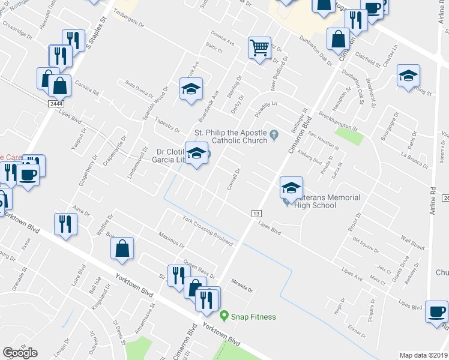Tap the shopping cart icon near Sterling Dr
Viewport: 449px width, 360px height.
pos(259,47)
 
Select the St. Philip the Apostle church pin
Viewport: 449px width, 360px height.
pos(274,134)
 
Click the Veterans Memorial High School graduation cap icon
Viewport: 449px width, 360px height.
pos(291,189)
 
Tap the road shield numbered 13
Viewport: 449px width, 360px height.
pos(256,214)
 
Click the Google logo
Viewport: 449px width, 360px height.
pos(20,353)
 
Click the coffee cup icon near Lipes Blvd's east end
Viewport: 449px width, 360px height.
pos(436,312)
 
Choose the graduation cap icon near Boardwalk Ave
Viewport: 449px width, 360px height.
pos(191,89)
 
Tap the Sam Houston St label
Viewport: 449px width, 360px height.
pos(324,142)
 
